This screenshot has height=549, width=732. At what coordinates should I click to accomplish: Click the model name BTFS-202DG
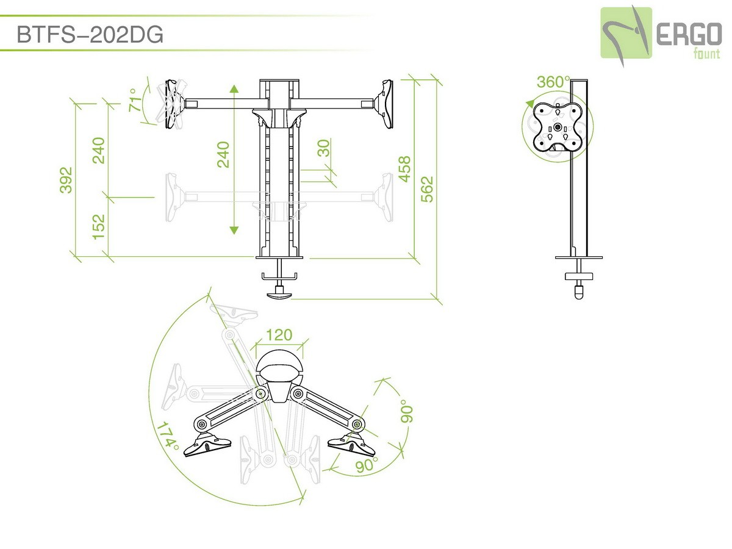tap(90, 34)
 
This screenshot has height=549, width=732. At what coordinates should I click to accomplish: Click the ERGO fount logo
tap(661, 35)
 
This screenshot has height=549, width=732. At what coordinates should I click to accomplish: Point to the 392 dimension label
tap(66, 180)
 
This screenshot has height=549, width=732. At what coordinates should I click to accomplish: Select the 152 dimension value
tap(99, 227)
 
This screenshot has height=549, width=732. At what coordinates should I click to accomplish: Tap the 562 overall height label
tap(427, 189)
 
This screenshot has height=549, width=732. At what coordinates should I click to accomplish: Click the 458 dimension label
tap(404, 169)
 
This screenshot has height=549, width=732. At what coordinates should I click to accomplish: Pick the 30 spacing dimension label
tap(323, 148)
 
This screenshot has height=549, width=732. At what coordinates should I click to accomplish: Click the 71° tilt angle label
tap(136, 99)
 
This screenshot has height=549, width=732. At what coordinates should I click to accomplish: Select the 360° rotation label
tap(553, 82)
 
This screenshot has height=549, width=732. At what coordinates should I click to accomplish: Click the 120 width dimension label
tap(279, 335)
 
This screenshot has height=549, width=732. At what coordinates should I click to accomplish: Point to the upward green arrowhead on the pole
tap(234, 88)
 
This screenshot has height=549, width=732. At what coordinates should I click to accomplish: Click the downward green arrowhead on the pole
tap(234, 230)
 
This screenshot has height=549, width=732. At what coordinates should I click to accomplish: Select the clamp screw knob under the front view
tap(279, 295)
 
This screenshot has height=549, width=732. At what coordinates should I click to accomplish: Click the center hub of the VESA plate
tap(558, 127)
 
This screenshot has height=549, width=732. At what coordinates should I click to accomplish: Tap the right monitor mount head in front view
tap(384, 104)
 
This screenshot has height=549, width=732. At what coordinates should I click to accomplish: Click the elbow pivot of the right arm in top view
tap(357, 425)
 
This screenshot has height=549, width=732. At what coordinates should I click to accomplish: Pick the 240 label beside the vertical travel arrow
tap(223, 155)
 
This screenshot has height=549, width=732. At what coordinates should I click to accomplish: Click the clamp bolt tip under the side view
tap(579, 293)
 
